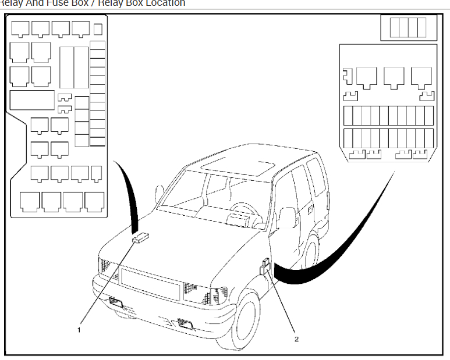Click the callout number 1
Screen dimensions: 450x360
(x=79, y=329)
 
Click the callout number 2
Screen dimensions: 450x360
(x=296, y=338)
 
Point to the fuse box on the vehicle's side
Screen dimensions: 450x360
(x=265, y=267)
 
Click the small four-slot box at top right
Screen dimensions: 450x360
(x=408, y=28)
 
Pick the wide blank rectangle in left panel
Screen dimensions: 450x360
(x=32, y=101)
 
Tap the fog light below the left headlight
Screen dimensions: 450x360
(x=115, y=301)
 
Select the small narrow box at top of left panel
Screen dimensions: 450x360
(x=98, y=28)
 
